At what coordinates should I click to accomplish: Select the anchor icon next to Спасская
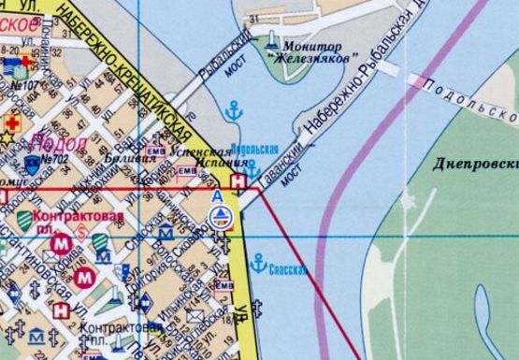[258, 264]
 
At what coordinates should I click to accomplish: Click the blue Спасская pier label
[288, 270]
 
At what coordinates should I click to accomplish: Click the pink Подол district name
[59, 142]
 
